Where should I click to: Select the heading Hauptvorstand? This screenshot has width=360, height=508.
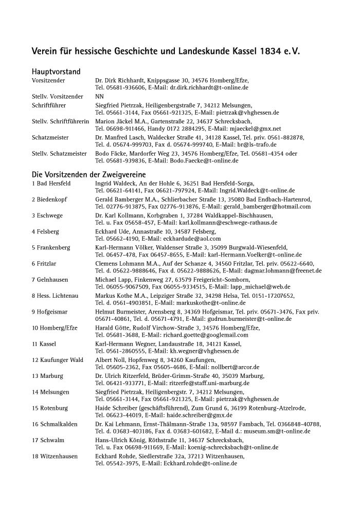coord(56,72)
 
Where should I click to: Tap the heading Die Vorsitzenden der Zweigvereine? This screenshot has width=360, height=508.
coord(89,174)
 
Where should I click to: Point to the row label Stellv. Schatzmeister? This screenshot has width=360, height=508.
coord(59,153)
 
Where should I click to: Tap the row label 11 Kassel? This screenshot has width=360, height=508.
coord(44,343)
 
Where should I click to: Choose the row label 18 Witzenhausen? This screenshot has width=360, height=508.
coord(56,456)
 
